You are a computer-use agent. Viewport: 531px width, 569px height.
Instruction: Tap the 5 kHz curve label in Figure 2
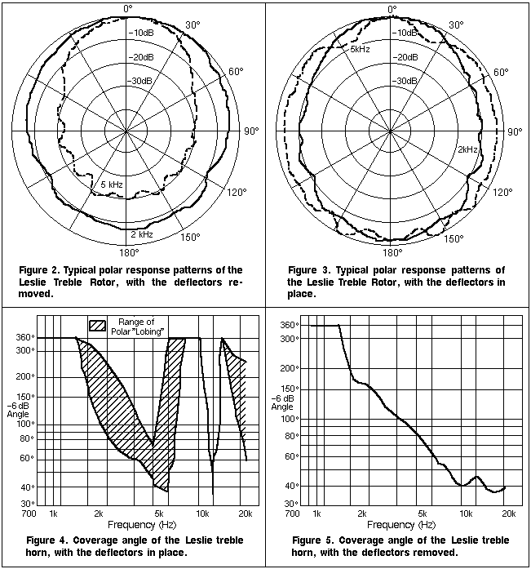[x=111, y=185]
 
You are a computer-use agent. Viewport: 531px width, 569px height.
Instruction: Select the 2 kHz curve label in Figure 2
[x=142, y=233]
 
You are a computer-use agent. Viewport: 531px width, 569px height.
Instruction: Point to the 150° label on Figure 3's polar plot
[x=453, y=239]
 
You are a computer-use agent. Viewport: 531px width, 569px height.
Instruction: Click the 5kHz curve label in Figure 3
[x=361, y=50]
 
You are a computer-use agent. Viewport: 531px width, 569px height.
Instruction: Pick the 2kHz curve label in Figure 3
[x=467, y=150]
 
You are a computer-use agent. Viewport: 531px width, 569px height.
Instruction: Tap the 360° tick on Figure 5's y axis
[x=287, y=325]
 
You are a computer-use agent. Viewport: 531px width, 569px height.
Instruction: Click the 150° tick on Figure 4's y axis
[x=24, y=397]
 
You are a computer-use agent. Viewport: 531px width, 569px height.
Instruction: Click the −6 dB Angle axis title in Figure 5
[x=282, y=401]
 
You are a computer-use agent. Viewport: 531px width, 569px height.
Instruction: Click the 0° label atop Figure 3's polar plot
[x=392, y=9]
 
